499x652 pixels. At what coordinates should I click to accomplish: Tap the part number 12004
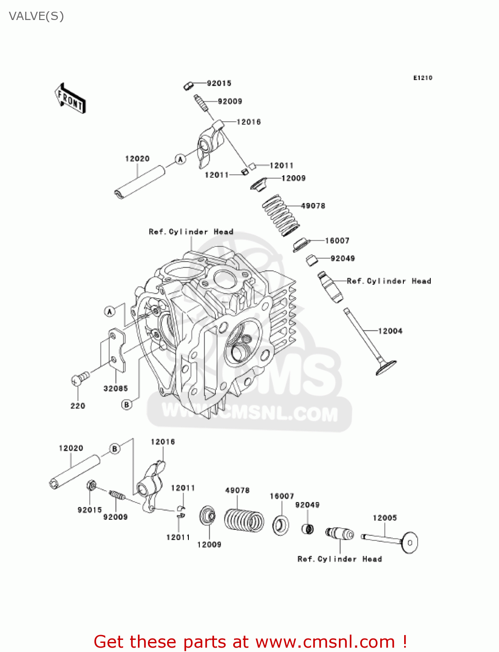tap(390, 331)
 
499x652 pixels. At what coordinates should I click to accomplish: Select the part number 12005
tap(385, 518)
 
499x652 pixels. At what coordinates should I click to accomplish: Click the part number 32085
tap(116, 389)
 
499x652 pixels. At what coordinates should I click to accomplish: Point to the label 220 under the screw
tap(78, 406)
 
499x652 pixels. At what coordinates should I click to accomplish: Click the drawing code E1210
tap(422, 78)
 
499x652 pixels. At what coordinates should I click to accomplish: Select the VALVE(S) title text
tap(37, 17)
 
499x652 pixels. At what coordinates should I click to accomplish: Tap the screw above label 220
tap(80, 379)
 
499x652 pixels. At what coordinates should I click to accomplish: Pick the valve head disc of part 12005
tap(409, 542)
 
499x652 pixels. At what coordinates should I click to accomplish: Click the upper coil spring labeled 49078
tap(281, 215)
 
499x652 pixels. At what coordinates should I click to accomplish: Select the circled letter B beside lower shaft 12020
tap(115, 449)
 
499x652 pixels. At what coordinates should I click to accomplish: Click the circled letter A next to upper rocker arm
tap(180, 160)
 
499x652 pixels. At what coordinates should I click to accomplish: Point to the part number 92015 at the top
tap(219, 83)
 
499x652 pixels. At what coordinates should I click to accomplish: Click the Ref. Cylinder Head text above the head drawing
tap(191, 232)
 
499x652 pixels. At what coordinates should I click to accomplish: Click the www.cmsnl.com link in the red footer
tap(325, 642)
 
